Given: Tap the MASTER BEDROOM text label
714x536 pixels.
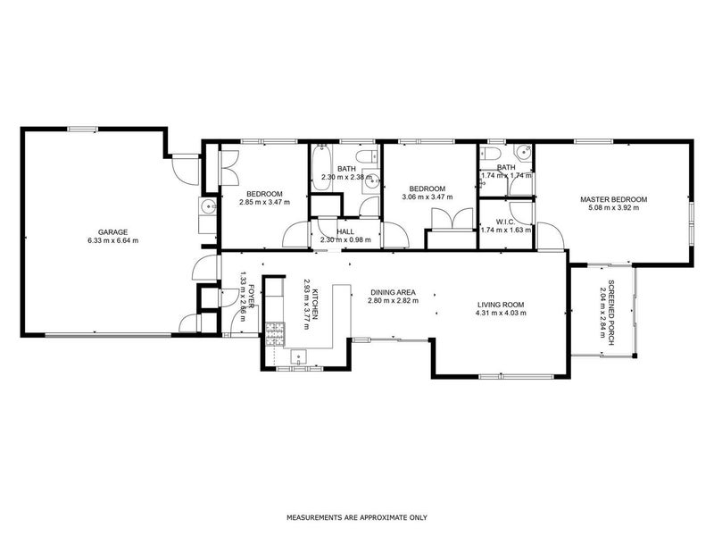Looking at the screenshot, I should [x=613, y=199].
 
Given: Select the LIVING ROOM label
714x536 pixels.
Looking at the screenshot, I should [x=500, y=305].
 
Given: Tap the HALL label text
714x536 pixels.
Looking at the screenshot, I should [x=345, y=230].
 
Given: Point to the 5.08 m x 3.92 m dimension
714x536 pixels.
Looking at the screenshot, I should [x=613, y=208].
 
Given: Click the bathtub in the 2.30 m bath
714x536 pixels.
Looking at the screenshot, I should [x=321, y=162].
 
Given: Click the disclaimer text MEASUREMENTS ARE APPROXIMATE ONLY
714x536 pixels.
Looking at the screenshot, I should [x=357, y=517].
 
